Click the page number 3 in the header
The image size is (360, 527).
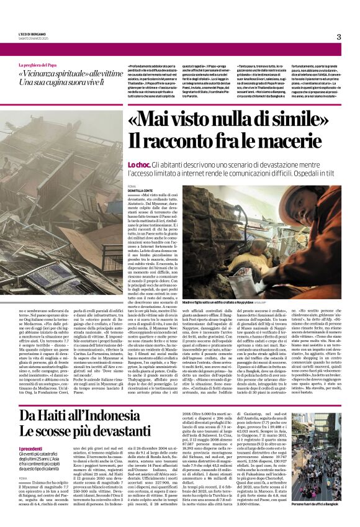pyautogui.click(x=339, y=37)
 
